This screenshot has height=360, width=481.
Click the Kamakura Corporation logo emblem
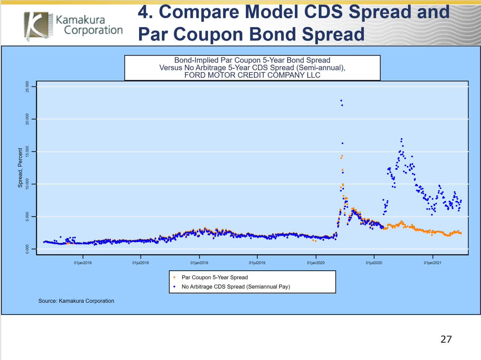(x=36, y=25)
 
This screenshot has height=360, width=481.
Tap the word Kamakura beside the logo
(x=80, y=19)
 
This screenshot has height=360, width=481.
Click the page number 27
(x=446, y=339)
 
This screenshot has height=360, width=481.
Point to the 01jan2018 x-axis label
(x=83, y=263)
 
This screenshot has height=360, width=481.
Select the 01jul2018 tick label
(x=141, y=263)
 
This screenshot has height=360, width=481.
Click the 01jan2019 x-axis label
(x=199, y=263)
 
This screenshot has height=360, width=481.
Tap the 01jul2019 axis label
(x=257, y=263)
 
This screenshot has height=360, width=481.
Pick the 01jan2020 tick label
(x=316, y=263)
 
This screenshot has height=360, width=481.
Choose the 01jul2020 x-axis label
(x=374, y=263)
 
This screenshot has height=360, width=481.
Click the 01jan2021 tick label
(x=433, y=263)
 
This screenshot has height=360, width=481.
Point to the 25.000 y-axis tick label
(x=27, y=87)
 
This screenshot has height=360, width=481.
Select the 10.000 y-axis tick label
(x=27, y=184)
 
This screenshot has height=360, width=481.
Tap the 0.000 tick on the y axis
(x=27, y=249)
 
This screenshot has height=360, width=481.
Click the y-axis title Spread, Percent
(x=20, y=167)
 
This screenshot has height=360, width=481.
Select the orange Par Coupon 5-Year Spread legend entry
(x=214, y=277)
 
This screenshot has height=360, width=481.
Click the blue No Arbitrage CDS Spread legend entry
(x=235, y=286)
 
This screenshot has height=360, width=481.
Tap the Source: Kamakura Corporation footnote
(x=76, y=301)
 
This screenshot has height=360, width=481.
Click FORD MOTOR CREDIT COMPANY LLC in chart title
(x=252, y=75)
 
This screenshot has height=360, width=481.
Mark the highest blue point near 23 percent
(x=341, y=101)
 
